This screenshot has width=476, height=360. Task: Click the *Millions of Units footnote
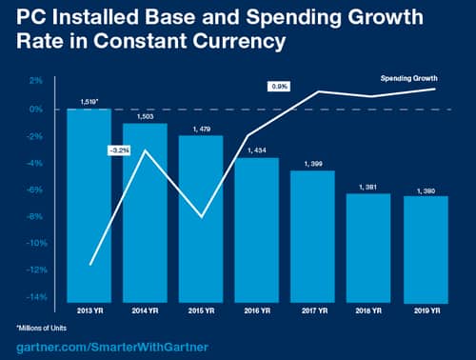47,328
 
